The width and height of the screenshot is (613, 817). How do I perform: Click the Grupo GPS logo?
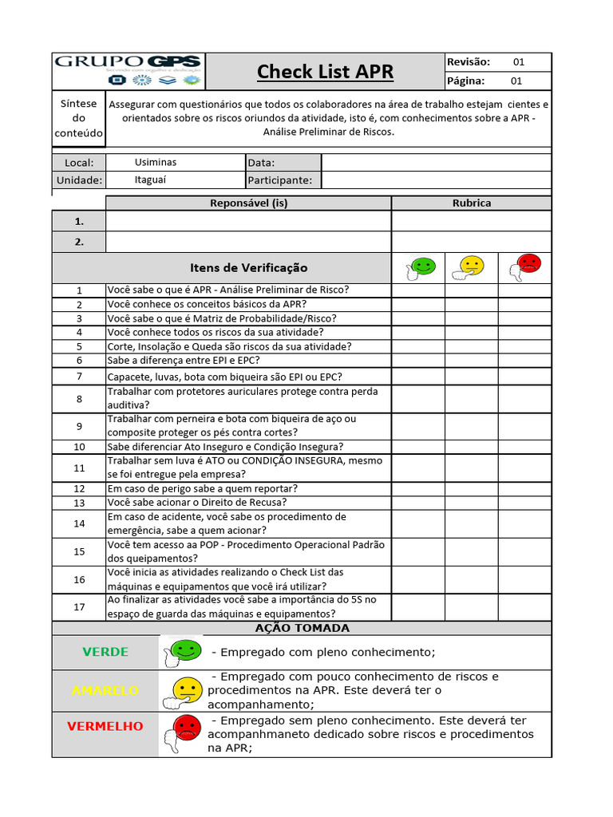(x=129, y=71)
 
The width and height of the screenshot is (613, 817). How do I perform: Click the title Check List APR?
(x=325, y=72)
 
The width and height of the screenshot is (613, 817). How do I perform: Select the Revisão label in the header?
(x=469, y=61)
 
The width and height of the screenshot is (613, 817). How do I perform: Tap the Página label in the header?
(x=466, y=81)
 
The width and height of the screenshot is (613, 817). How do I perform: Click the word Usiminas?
(x=156, y=162)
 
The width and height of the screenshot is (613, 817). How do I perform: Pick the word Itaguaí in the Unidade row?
(x=151, y=180)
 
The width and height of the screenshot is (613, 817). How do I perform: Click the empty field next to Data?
(x=436, y=163)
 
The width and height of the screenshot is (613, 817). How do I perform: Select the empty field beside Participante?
(x=436, y=180)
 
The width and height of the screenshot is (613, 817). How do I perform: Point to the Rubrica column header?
(x=471, y=203)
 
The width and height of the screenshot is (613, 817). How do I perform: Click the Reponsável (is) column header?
(x=248, y=203)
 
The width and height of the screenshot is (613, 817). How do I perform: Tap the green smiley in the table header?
(x=420, y=268)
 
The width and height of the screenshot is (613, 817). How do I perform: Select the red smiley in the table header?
(x=525, y=267)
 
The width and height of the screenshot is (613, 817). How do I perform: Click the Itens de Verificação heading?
(x=248, y=268)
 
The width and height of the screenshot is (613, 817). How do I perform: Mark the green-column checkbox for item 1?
(x=417, y=290)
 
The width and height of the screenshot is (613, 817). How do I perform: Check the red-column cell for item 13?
(x=524, y=503)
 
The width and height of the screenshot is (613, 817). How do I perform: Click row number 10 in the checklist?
(x=79, y=447)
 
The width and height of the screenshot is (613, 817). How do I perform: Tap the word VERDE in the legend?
(x=105, y=652)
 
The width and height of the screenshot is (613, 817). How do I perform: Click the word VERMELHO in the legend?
(x=105, y=726)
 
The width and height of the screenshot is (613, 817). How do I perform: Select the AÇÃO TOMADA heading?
(x=302, y=628)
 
